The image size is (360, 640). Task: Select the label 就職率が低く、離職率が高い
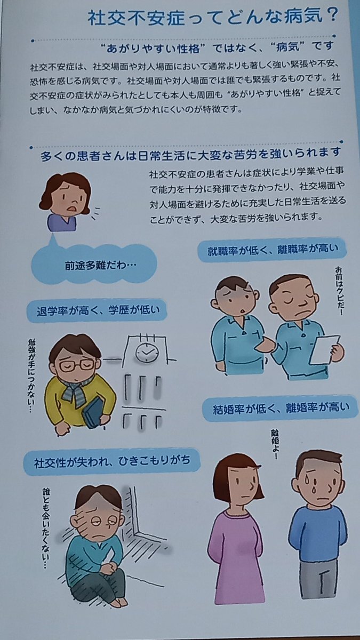pos(271,250)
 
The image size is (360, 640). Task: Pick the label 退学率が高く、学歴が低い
pos(98,310)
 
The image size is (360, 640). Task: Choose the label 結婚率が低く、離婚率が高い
pos(281,409)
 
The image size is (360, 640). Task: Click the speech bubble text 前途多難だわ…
pos(101,266)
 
